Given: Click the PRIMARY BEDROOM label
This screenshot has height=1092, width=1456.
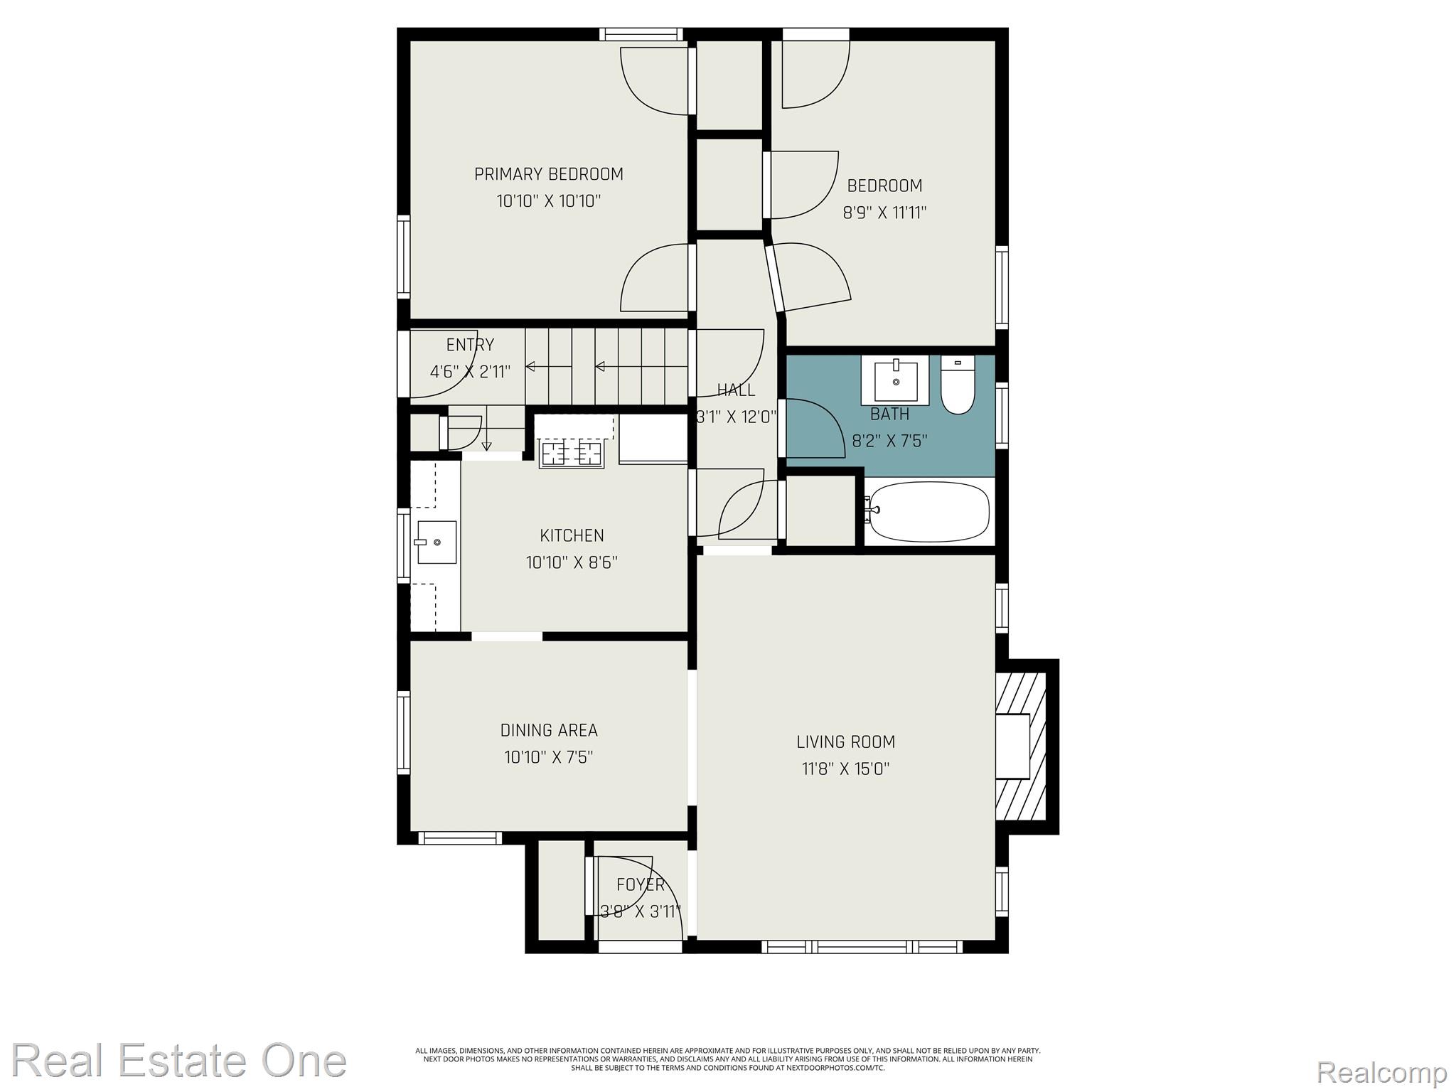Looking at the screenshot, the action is pos(548,174).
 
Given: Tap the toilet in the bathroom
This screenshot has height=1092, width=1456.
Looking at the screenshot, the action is pos(958,385).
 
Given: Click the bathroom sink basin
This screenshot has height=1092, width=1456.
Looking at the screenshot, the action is pos(895,380).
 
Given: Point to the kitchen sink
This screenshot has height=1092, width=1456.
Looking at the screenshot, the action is pos(437,542).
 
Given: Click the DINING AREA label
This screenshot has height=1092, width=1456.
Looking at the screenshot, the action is pos(549,730).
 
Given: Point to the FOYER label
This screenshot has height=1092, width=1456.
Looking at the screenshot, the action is pos(641,884).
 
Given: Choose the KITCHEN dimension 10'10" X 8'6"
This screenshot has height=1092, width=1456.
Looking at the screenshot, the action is pos(572,563).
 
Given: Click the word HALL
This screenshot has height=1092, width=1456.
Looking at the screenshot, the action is pos(736,390).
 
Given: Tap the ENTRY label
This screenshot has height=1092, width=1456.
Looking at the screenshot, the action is pos(470,345).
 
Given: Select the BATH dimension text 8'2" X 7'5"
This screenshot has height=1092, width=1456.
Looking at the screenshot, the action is pos(889,441).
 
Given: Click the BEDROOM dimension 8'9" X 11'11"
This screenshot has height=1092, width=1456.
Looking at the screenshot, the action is pos(884,213).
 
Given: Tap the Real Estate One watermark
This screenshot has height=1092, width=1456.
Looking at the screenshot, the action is pos(179,1060).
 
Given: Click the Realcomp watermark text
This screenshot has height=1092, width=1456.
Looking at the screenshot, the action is pos(1381,1071).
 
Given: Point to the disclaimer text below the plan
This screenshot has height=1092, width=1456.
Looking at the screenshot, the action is pos(728,1059).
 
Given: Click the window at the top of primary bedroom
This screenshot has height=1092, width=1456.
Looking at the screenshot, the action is pos(641,34).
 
